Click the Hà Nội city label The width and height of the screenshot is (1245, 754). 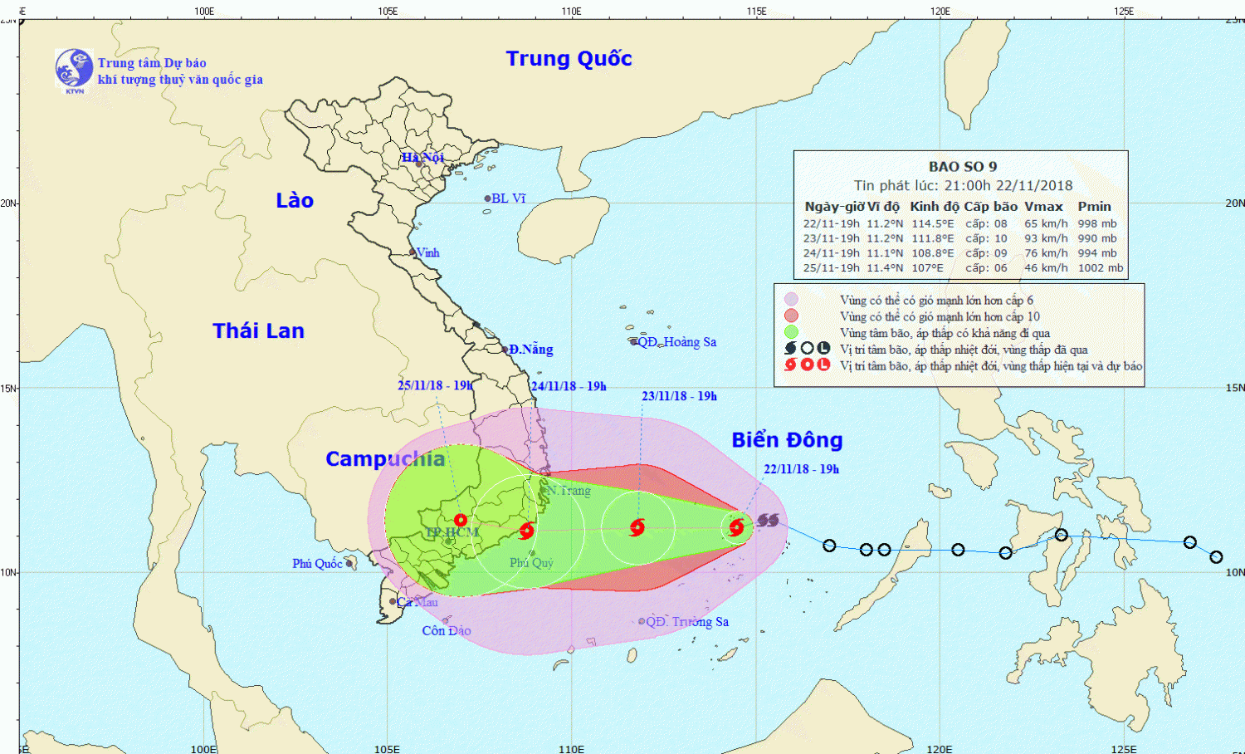(x=423, y=157)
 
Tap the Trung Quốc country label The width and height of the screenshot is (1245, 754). (x=569, y=59)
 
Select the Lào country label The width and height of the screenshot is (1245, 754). (x=295, y=200)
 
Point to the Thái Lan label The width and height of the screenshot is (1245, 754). (x=258, y=330)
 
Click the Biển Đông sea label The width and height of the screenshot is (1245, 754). (x=787, y=439)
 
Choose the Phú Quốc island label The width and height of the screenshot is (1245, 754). (x=317, y=563)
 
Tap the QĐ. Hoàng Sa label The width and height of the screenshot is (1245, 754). (x=676, y=341)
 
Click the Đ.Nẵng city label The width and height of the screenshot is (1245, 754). (x=531, y=349)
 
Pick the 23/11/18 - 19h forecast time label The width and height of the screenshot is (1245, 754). (x=679, y=396)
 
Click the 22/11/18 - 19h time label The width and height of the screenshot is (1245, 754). (x=801, y=469)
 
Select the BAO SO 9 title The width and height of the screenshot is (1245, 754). (x=963, y=166)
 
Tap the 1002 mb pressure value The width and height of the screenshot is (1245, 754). (x=1101, y=267)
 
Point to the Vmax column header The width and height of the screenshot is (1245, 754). (x=1043, y=206)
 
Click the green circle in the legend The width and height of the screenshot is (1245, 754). (x=791, y=332)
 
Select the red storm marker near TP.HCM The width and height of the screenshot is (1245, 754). (x=461, y=520)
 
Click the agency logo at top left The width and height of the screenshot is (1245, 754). (x=74, y=69)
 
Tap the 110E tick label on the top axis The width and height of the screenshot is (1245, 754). (x=571, y=11)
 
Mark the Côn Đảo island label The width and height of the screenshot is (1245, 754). (x=447, y=630)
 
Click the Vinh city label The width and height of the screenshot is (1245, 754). (x=427, y=252)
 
